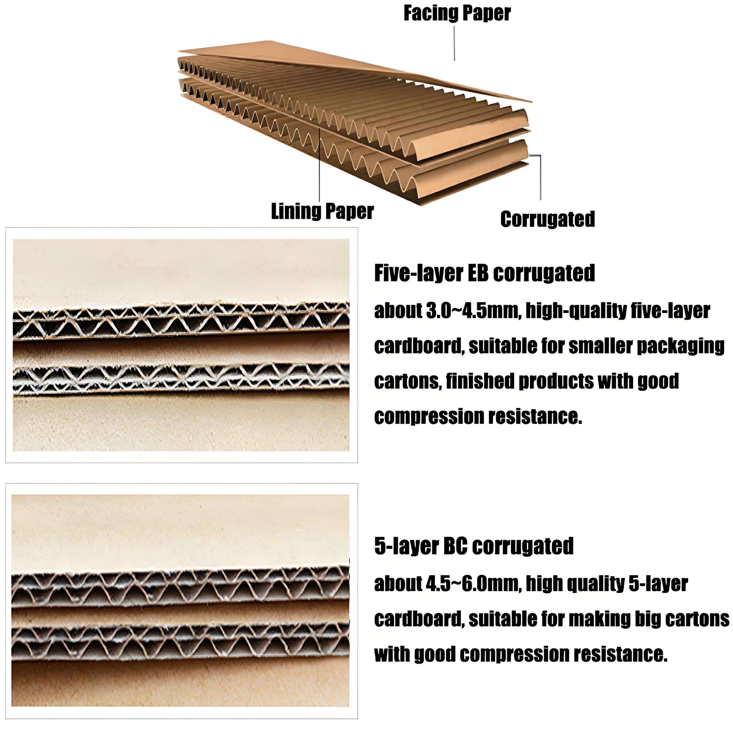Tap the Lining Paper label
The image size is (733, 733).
click(x=322, y=211)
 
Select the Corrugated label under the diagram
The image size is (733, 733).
click(x=547, y=219)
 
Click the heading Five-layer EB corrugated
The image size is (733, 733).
click(x=484, y=273)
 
